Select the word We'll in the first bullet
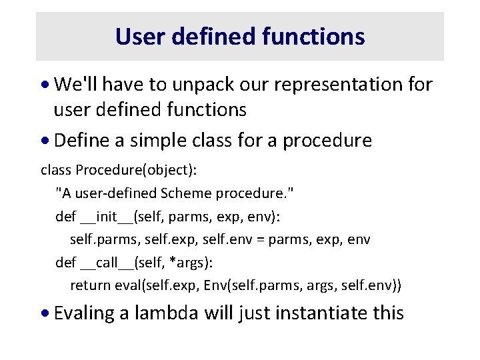point(75,85)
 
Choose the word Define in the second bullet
point(79,141)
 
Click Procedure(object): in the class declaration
point(137,170)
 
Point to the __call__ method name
point(105,262)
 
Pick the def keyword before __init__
point(65,216)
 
